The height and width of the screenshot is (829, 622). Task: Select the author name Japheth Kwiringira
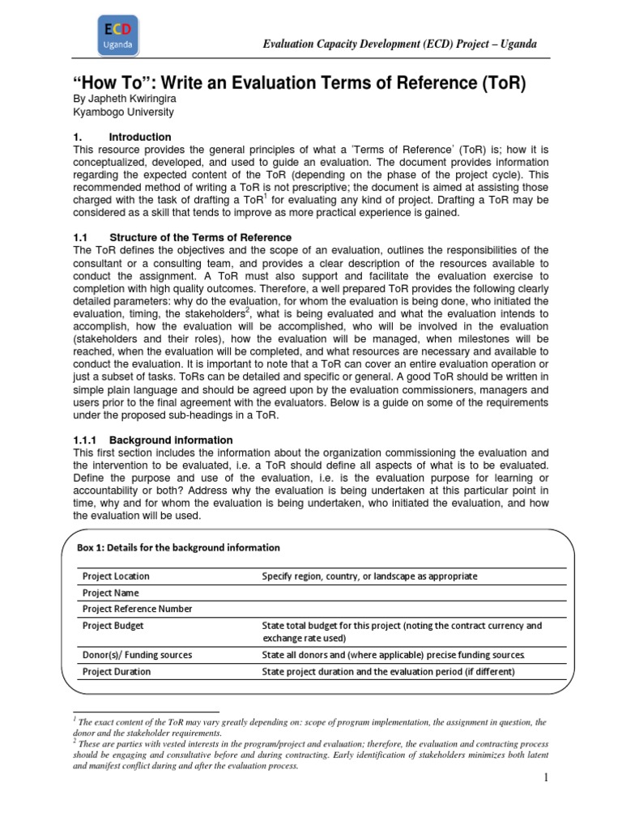[x=123, y=99]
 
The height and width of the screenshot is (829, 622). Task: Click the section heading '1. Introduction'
[x=121, y=137]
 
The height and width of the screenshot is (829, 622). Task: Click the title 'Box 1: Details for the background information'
[x=178, y=547]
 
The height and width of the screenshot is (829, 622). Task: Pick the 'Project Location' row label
[x=116, y=576]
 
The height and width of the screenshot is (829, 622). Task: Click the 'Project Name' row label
[x=111, y=593]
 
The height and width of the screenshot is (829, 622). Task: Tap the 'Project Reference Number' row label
[x=135, y=609]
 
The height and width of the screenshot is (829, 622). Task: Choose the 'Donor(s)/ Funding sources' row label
[x=137, y=655]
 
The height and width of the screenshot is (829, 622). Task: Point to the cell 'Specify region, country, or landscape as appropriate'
[x=369, y=576]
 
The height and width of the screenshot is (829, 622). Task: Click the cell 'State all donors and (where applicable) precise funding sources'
[x=394, y=655]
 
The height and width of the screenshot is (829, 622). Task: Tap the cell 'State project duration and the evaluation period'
[x=389, y=671]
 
